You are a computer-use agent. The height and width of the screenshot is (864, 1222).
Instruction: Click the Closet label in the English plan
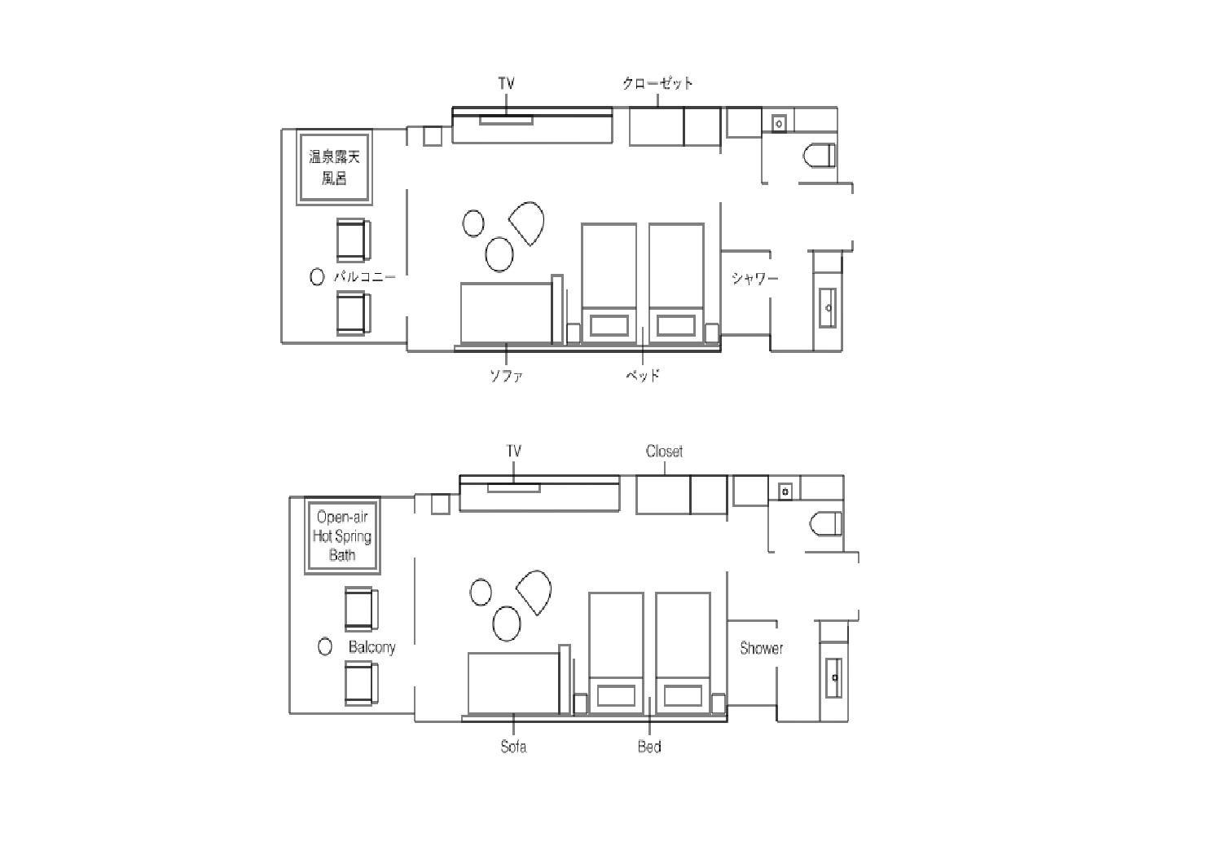664,452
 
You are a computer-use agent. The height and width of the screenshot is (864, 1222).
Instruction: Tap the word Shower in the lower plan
761,649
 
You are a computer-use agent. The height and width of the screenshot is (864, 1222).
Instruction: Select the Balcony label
372,647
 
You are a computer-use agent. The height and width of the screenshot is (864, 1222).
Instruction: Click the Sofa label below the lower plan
513,747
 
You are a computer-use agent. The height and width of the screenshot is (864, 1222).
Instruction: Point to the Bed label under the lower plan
649,747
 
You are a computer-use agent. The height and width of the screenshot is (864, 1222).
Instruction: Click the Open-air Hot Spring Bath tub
342,536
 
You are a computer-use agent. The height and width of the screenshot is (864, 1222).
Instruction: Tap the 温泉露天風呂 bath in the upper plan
334,168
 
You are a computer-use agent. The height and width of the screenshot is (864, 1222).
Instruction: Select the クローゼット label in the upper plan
657,83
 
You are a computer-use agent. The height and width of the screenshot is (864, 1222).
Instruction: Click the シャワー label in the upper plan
754,279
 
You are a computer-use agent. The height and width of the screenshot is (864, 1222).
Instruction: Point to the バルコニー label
364,277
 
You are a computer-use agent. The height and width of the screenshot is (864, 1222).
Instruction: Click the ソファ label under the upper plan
506,376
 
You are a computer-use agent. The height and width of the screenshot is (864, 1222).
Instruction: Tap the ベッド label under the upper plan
643,376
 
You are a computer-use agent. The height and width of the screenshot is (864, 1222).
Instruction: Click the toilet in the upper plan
819,156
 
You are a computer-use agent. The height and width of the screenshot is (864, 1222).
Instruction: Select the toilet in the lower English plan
826,524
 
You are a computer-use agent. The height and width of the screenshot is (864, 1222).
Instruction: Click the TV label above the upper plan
506,83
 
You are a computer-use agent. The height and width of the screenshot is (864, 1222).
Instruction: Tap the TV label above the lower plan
514,452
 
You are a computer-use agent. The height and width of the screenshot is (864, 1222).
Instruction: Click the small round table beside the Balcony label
325,646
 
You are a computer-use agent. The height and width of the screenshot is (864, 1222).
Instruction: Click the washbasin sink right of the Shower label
833,677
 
